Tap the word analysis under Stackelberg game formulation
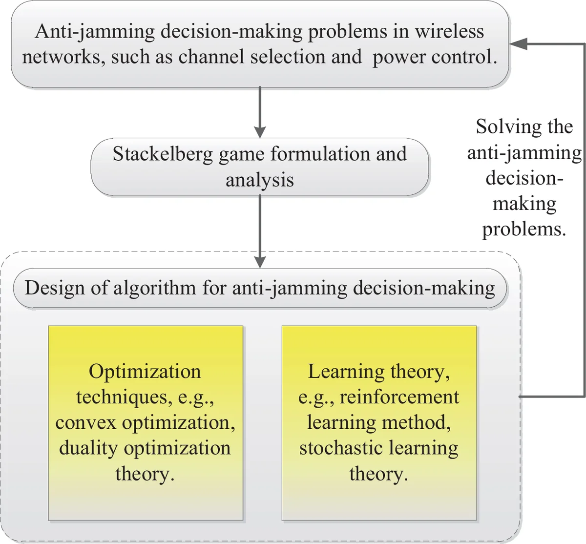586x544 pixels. pyautogui.click(x=259, y=180)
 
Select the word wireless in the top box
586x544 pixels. pyautogui.click(x=449, y=32)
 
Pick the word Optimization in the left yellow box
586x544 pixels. pyautogui.click(x=145, y=372)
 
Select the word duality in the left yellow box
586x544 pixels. pyautogui.click(x=88, y=448)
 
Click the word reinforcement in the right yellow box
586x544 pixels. pyautogui.click(x=399, y=397)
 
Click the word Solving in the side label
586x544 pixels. pyautogui.click(x=503, y=127)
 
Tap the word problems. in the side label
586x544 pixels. pyautogui.click(x=524, y=229)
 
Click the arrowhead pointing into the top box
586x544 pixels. pyautogui.click(x=518, y=44)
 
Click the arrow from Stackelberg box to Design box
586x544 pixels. pyautogui.click(x=260, y=230)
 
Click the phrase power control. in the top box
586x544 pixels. pyautogui.click(x=435, y=57)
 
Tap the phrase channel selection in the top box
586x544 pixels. pyautogui.click(x=251, y=57)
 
